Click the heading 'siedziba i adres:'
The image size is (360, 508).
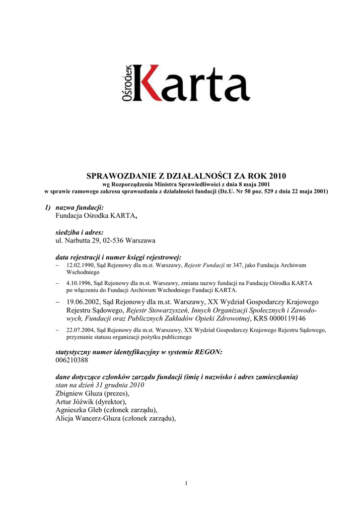click(x=79, y=232)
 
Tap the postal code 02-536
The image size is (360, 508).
click(x=114, y=241)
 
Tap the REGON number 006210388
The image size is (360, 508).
click(x=72, y=360)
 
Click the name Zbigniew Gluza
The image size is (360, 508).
click(x=78, y=393)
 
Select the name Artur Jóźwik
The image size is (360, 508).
click(x=73, y=401)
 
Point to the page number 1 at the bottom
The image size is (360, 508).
click(x=186, y=484)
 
